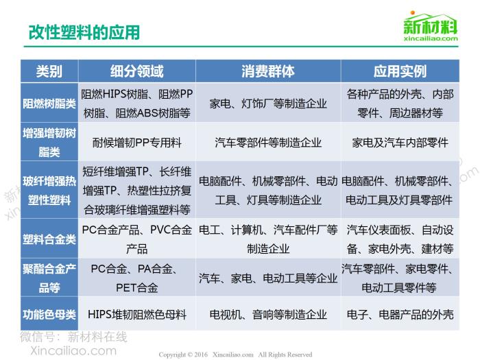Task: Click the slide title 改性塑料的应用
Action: [84, 32]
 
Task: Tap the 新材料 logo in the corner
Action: [431, 26]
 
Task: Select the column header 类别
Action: [49, 71]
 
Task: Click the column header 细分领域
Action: [137, 71]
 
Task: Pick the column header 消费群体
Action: [268, 71]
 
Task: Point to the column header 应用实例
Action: [400, 71]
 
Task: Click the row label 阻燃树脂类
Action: [49, 104]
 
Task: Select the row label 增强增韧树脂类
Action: [49, 143]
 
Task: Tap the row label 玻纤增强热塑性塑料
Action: [49, 191]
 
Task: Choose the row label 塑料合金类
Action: [49, 239]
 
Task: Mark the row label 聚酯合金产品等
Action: [49, 278]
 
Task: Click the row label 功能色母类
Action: [49, 314]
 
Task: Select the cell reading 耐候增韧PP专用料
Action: [137, 143]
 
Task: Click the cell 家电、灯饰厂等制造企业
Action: [268, 104]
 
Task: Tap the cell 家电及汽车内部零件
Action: [400, 143]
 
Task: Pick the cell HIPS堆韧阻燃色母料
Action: [137, 314]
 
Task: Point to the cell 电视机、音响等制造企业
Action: [268, 314]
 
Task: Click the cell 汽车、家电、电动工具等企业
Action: [268, 278]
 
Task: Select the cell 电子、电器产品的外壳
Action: [400, 314]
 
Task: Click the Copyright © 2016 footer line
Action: [235, 355]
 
